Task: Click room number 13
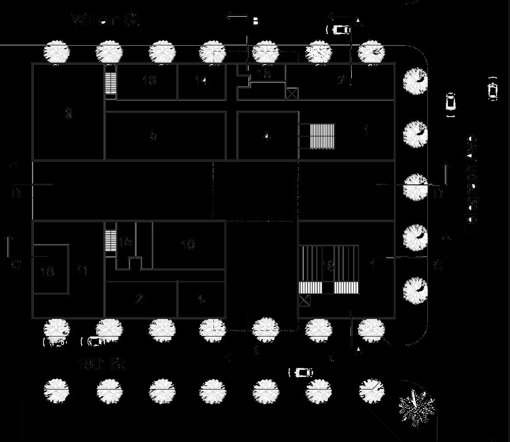(x=150, y=80)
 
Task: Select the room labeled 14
(x=202, y=81)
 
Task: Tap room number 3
(x=68, y=114)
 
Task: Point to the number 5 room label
(x=153, y=136)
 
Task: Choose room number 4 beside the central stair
(x=267, y=137)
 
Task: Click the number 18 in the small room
(x=47, y=272)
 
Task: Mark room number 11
(x=82, y=271)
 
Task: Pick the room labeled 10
(x=188, y=245)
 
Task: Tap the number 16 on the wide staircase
(x=328, y=266)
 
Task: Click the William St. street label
(x=107, y=21)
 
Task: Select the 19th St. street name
(x=101, y=366)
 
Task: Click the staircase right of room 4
(x=322, y=135)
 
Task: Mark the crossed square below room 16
(x=304, y=300)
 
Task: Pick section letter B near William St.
(x=255, y=22)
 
